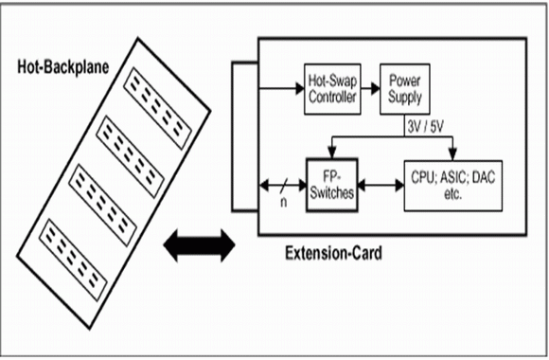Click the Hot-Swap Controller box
pyautogui.click(x=332, y=89)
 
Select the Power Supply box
pyautogui.click(x=405, y=89)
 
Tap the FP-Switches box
pyautogui.click(x=332, y=185)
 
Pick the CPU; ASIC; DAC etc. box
pyautogui.click(x=453, y=186)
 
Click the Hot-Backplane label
pyautogui.click(x=63, y=66)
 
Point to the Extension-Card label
pyautogui.click(x=333, y=253)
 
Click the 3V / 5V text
pyautogui.click(x=425, y=127)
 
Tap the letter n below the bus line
pyautogui.click(x=283, y=202)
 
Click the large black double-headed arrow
pyautogui.click(x=199, y=245)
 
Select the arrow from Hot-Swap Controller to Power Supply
pyautogui.click(x=370, y=88)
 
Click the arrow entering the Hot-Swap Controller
pyautogui.click(x=281, y=88)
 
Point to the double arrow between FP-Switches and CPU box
pyautogui.click(x=381, y=186)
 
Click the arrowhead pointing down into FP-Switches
pyautogui.click(x=332, y=153)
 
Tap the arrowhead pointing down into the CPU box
pyautogui.click(x=452, y=153)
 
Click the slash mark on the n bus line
pyautogui.click(x=284, y=186)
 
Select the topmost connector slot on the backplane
pyautogui.click(x=158, y=108)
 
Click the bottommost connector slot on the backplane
pyautogui.click(x=73, y=260)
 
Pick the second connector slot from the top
pyautogui.click(x=131, y=156)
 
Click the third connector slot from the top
pyautogui.click(x=102, y=205)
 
